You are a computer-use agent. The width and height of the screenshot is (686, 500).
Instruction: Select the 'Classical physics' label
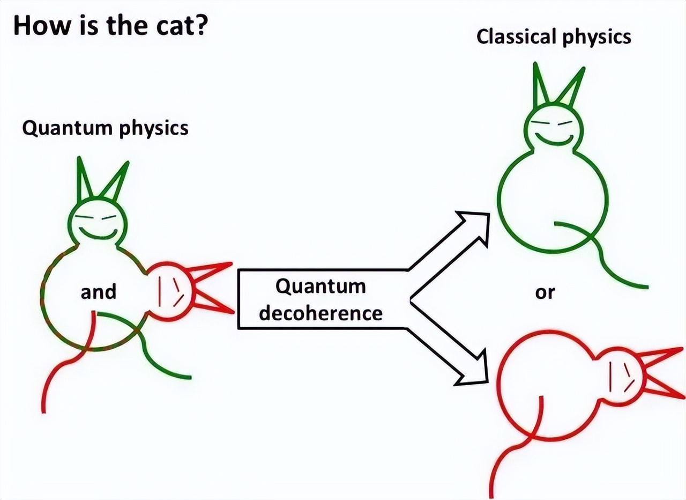click(554, 37)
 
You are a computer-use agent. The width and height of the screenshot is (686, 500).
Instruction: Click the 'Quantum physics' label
click(105, 129)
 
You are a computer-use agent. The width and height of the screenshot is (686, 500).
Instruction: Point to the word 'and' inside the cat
click(98, 292)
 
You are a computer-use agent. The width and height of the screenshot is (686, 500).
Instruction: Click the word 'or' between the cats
click(546, 293)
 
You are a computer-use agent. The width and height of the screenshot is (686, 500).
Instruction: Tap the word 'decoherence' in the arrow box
click(320, 312)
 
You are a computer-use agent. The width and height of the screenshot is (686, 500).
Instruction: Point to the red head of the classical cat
click(619, 372)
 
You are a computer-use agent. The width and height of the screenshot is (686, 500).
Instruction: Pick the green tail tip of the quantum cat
click(189, 378)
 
